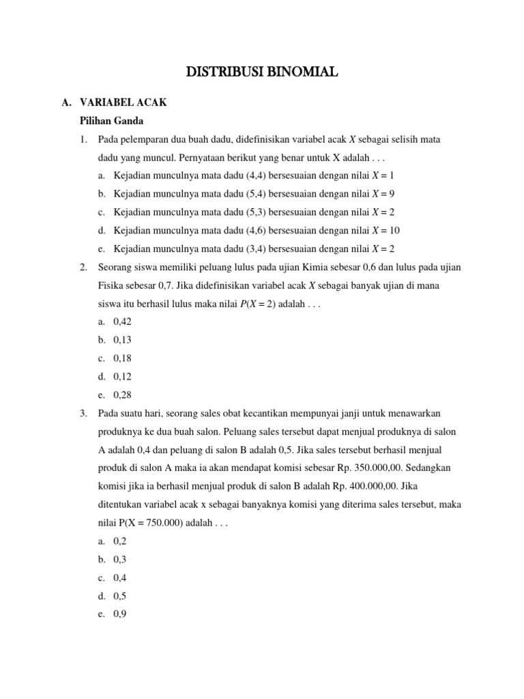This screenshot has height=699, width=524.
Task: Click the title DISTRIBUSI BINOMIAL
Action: coord(263,72)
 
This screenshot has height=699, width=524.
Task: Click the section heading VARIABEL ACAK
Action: coord(123,103)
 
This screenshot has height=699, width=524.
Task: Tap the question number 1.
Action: coord(83,140)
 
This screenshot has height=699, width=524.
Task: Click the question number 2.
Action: coord(83,267)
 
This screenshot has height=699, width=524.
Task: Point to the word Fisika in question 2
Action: coord(113,285)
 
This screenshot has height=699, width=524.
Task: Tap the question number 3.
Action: coord(83,413)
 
